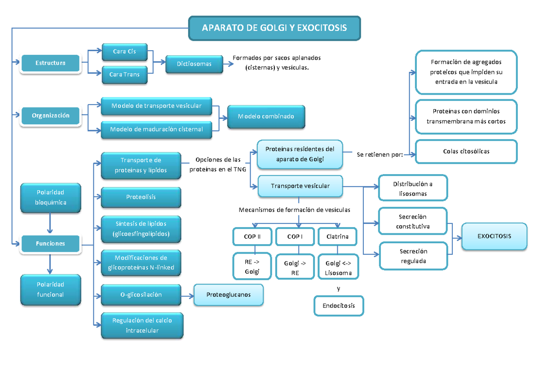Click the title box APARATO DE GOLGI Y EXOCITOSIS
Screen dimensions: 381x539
[274, 28]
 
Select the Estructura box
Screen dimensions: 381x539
[50, 63]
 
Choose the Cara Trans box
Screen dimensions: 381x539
[124, 74]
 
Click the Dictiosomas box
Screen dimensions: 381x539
[194, 64]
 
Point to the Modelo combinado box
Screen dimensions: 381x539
[266, 116]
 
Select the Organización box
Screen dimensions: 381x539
[50, 115]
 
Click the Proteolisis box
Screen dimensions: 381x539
[141, 197]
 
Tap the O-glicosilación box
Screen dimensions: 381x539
[141, 295]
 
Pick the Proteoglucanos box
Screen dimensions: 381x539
[228, 295]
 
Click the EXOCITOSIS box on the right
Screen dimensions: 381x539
[494, 236]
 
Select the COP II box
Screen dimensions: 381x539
[252, 236]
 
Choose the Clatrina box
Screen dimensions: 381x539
[337, 236]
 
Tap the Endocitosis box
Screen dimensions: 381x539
[339, 306]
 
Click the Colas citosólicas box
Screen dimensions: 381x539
[466, 151]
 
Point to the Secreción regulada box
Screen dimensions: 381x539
[413, 256]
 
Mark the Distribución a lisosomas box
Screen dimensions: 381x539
[413, 188]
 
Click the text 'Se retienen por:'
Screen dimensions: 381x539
[380, 155]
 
